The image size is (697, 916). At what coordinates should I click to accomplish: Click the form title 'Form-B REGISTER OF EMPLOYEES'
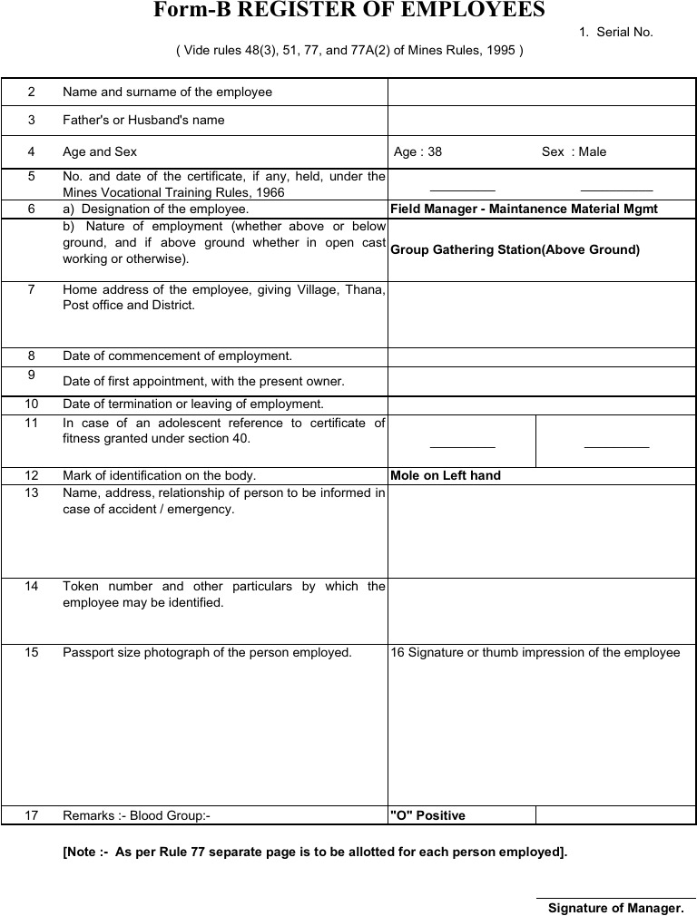(348, 11)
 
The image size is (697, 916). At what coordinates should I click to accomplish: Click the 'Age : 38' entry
(417, 151)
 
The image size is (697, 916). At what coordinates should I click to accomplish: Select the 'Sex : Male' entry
(574, 151)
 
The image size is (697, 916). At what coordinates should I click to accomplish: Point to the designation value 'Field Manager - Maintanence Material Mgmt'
(524, 209)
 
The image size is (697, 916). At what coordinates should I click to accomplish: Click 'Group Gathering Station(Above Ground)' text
(515, 249)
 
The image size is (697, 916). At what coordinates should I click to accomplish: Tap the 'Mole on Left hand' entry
(445, 475)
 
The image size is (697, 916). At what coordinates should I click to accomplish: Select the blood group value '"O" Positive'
(427, 815)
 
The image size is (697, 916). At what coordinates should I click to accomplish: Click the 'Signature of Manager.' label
(615, 908)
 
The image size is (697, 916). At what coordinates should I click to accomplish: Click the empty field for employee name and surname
(541, 92)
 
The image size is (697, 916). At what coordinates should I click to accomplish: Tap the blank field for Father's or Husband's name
(541, 120)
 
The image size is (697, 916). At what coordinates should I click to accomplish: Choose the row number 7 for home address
(32, 289)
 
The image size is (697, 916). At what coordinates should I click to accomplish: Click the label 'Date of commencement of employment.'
(177, 356)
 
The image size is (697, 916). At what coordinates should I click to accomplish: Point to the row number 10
(32, 404)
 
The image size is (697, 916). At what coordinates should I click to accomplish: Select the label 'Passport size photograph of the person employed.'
(207, 652)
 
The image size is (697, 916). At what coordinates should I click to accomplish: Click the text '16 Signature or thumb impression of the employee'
(535, 652)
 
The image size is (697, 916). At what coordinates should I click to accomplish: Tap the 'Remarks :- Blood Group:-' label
(136, 815)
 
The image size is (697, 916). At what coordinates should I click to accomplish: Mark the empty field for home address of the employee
(541, 314)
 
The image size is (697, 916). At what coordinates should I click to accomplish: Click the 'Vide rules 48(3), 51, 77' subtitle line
(349, 51)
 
